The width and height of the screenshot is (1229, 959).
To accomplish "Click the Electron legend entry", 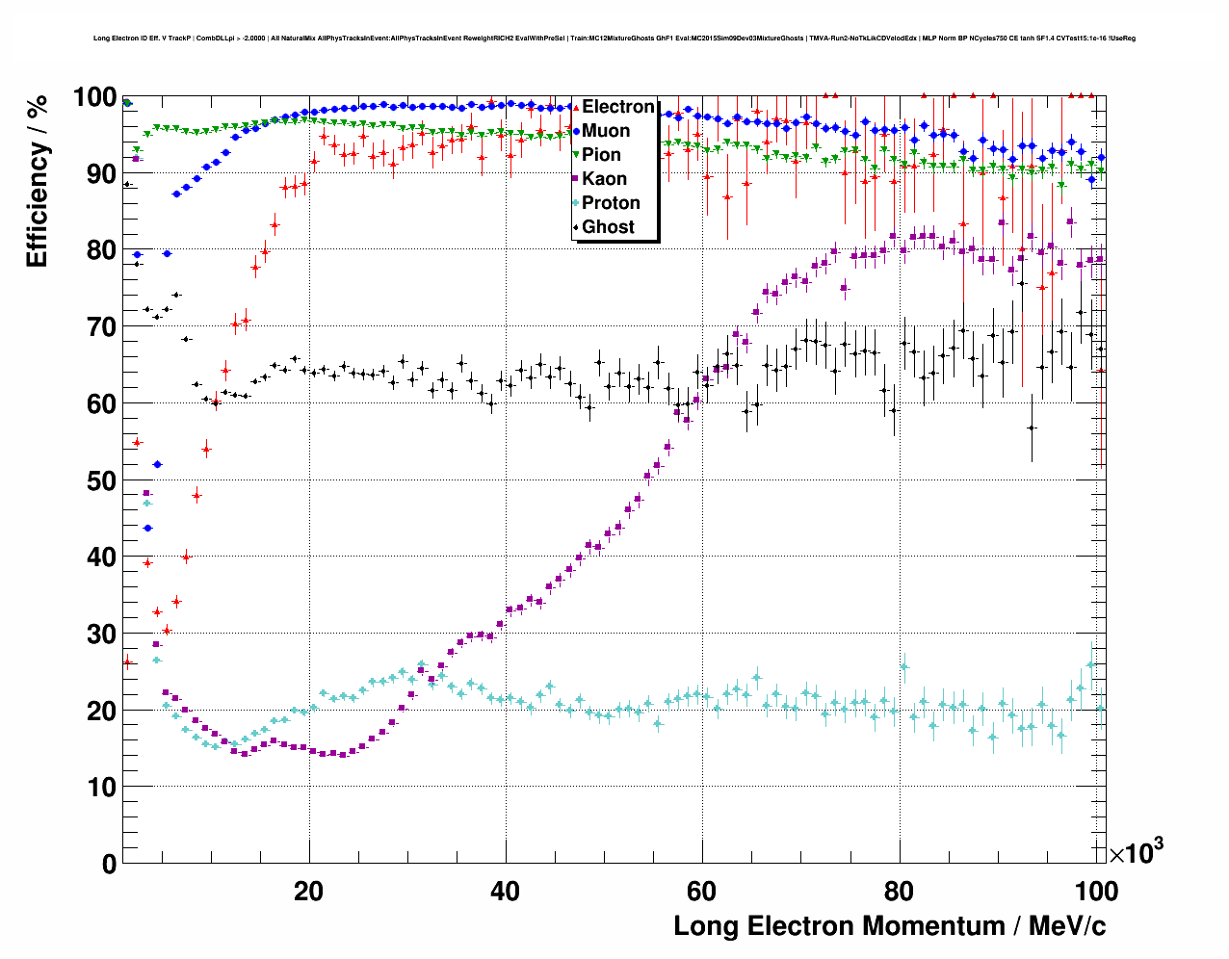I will tap(617, 107).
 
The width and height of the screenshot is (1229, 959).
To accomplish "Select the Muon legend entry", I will tap(606, 131).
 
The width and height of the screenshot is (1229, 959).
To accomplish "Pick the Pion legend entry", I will tap(601, 155).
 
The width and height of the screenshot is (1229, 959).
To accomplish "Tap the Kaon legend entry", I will tap(604, 179).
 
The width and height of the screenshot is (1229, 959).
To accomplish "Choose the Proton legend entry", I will tap(611, 203).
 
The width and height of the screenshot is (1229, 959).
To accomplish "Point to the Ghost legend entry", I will tap(608, 227).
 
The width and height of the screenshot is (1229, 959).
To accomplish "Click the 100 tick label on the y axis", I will tap(95, 97).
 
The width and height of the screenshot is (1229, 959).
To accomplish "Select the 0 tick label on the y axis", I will tap(109, 864).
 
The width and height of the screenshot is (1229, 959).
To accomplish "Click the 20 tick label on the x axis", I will tap(309, 891).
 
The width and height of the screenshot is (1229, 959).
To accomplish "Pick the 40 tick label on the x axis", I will tap(506, 891).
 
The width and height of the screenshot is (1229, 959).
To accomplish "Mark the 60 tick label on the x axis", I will tap(702, 891).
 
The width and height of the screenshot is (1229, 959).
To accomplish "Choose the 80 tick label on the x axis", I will tap(899, 891).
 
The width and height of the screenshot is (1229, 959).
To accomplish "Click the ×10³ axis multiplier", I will tap(1136, 852).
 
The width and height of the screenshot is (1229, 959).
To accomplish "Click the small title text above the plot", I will tap(614, 39).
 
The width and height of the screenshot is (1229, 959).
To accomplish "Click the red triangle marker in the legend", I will tap(576, 107).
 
